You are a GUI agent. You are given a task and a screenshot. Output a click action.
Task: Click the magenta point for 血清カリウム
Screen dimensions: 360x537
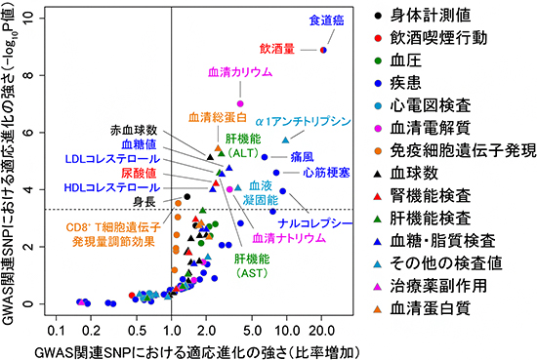coord(240,103)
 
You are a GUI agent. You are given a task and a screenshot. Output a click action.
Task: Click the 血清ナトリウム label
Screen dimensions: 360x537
coord(277,238)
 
